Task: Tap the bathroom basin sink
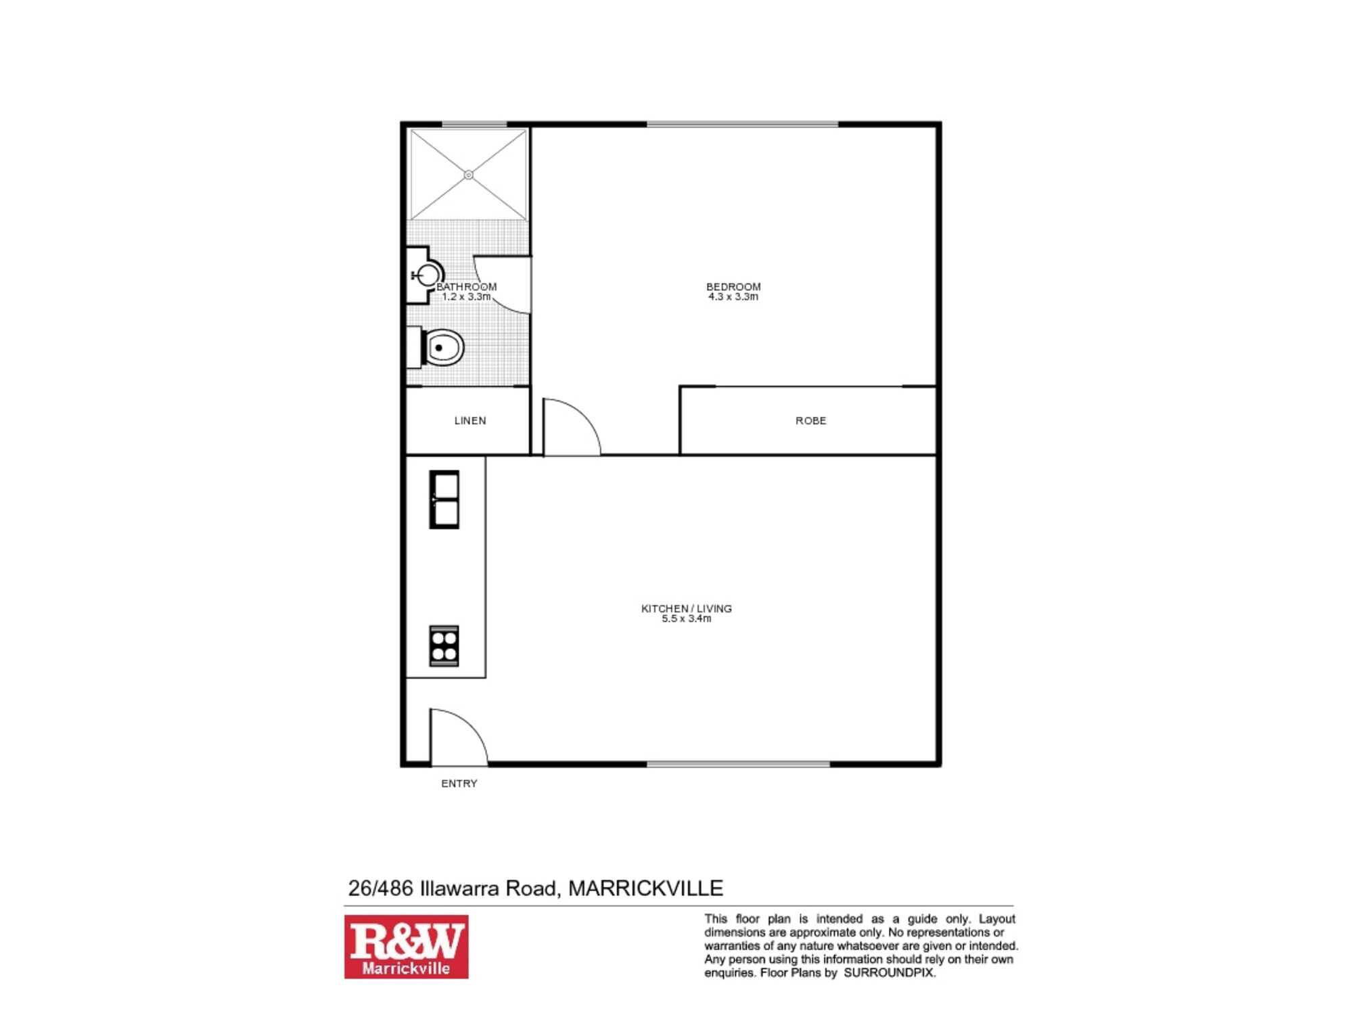click(427, 275)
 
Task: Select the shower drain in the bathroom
click(468, 175)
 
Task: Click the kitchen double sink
click(444, 499)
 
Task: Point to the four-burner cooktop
click(444, 646)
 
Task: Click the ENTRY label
click(459, 784)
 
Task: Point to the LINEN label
click(470, 421)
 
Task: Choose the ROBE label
click(811, 421)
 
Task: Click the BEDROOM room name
click(733, 287)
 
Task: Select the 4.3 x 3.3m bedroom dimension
click(733, 297)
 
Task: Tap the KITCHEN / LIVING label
click(687, 608)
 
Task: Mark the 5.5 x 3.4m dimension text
click(687, 618)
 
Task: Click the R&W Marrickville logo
click(407, 947)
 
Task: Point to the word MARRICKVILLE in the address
click(646, 888)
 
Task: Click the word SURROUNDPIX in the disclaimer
click(888, 973)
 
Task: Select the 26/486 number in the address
click(380, 888)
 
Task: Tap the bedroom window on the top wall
click(743, 125)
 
